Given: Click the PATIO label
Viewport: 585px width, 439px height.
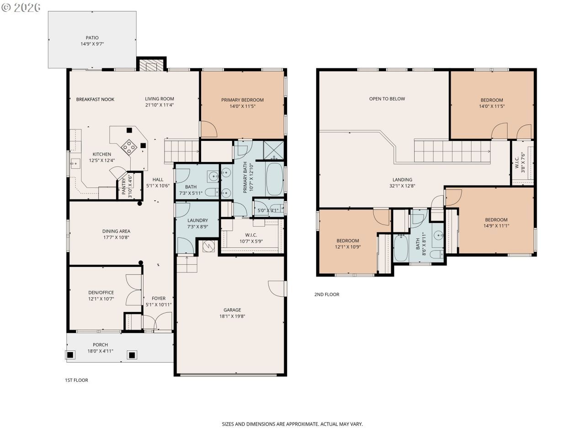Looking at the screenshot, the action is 92,38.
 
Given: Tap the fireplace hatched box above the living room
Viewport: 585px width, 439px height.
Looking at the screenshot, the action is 151,65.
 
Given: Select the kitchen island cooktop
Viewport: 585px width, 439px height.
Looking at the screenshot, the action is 129,147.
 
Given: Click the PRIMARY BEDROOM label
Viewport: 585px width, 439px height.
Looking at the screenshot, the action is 242,100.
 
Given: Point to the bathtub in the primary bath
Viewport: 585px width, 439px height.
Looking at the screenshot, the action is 275,179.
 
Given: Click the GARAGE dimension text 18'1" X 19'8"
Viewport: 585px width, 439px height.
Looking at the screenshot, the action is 232,316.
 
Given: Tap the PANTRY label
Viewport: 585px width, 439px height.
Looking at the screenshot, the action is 124,186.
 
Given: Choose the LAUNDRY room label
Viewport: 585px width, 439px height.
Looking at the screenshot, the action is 197,220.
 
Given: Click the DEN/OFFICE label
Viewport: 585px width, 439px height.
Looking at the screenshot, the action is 101,292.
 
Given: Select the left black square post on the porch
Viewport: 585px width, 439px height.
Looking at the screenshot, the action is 70,355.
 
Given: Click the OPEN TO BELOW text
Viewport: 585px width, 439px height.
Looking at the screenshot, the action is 387,99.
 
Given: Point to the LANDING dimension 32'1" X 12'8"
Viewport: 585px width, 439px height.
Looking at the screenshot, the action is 402,186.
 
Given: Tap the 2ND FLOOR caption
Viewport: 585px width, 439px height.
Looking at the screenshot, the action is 327,294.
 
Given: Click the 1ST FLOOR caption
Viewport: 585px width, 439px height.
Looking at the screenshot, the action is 76,380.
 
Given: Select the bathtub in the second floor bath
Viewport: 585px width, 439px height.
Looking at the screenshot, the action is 401,248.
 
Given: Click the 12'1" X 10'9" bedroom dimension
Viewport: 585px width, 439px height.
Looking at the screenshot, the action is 348,247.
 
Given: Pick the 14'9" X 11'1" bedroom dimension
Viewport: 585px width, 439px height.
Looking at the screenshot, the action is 496,226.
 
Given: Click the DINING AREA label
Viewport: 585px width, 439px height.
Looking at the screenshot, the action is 116,231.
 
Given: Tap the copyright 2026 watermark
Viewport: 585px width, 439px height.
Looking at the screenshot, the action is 21,7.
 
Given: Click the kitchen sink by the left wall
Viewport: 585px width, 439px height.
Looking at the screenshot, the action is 75,163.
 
